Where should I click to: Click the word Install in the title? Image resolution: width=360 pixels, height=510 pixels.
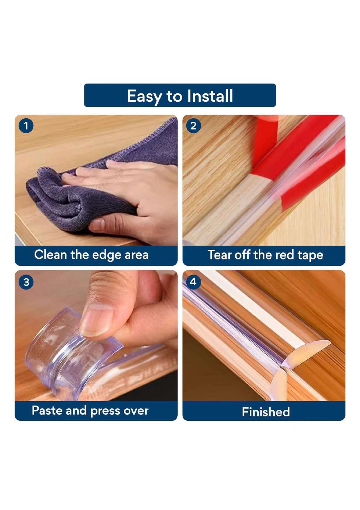(210, 96)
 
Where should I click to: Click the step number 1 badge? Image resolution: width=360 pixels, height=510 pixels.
(26, 126)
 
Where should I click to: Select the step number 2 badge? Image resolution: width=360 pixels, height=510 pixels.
(193, 126)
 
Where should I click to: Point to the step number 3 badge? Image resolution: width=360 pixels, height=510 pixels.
(26, 282)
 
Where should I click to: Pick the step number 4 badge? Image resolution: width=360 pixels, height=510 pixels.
(193, 282)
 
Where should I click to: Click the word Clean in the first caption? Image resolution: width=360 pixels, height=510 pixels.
(51, 255)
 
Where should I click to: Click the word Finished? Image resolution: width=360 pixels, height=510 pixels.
(266, 412)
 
